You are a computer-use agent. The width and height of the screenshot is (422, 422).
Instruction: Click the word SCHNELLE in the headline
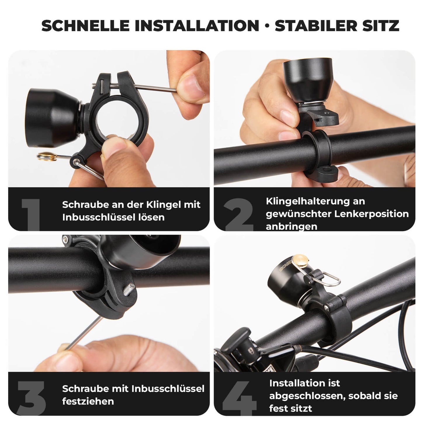pos(85,26)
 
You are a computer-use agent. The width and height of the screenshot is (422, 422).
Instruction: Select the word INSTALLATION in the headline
pos(197,26)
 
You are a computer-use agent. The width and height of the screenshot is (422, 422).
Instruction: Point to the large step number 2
pos(239,214)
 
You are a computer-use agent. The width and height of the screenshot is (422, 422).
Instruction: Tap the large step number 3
pos(31,398)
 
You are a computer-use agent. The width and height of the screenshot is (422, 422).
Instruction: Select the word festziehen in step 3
pos(88,401)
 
